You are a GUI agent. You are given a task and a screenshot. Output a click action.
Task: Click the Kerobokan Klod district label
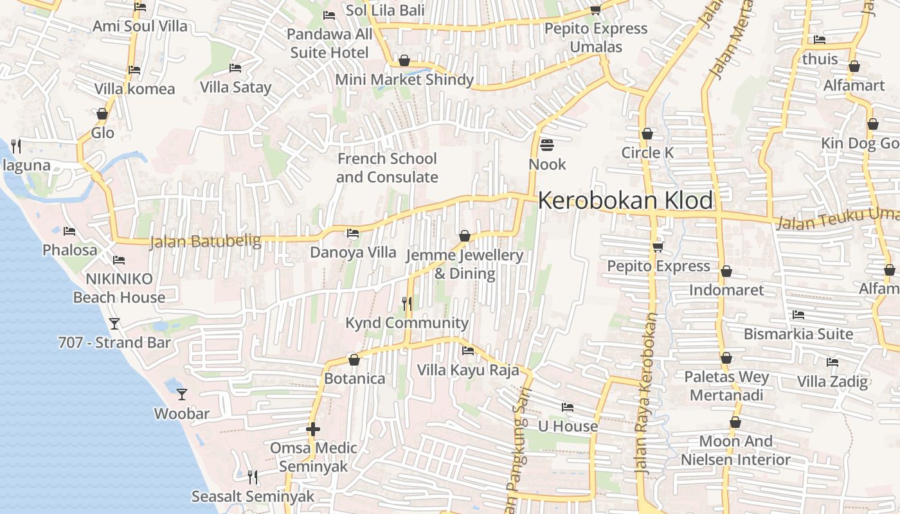tap(625, 200)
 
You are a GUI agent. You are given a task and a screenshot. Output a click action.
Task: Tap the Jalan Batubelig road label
tap(205, 242)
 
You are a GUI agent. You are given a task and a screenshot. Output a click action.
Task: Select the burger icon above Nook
tap(547, 145)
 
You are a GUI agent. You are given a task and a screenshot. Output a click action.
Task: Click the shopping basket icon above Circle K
tap(647, 134)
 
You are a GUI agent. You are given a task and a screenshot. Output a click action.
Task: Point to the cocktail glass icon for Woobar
tap(182, 394)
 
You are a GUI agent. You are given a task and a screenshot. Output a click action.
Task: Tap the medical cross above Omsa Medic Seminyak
tap(313, 429)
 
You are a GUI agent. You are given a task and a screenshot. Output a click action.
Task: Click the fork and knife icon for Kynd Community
tap(407, 303)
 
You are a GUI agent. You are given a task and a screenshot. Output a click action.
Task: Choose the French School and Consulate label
tap(387, 168)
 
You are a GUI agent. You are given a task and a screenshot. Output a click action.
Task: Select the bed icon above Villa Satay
tap(235, 67)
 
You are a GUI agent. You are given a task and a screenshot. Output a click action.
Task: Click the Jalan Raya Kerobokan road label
tap(647, 393)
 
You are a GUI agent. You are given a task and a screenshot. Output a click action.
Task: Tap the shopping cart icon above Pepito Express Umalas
tap(595, 10)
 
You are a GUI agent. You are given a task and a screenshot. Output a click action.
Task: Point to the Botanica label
tap(354, 378)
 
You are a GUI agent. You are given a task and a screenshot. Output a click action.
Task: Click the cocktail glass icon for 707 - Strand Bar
tap(114, 323)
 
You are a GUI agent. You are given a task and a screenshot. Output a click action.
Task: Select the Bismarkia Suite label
tap(798, 334)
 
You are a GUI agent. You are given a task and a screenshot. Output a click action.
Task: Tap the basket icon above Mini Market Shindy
tap(404, 61)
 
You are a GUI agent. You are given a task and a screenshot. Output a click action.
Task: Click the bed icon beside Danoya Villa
tap(353, 233)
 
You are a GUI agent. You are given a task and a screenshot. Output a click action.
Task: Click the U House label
tap(568, 426)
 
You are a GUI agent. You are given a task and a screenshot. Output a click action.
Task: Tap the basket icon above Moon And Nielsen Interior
tap(735, 422)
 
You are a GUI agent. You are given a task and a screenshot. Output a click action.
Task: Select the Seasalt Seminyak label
tap(253, 497)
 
